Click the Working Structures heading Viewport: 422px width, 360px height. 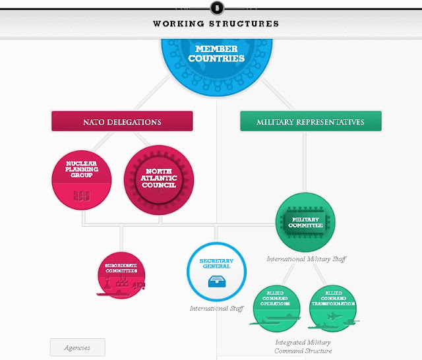pyautogui.click(x=216, y=24)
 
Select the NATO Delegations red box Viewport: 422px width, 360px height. pyautogui.click(x=122, y=122)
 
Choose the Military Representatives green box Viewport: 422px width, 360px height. pyautogui.click(x=311, y=122)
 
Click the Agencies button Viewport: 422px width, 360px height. pyautogui.click(x=77, y=347)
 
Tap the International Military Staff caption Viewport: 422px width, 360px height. pyautogui.click(x=306, y=259)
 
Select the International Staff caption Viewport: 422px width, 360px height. pyautogui.click(x=216, y=309)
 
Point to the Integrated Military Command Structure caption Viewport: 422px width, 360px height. pyautogui.click(x=303, y=347)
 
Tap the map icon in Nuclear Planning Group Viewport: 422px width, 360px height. pyautogui.click(x=82, y=196)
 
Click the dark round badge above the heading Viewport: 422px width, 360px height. pyautogui.click(x=216, y=7)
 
